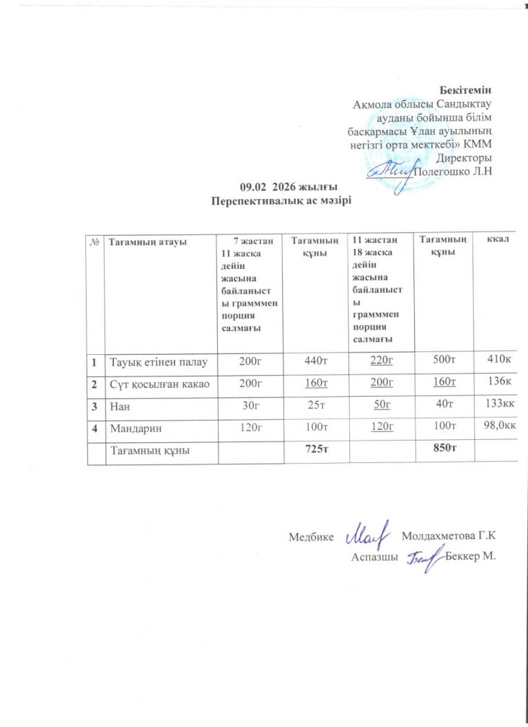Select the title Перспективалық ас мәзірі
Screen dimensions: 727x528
(281, 200)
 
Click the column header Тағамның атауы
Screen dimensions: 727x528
(148, 242)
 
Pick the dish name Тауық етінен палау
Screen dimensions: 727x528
(159, 361)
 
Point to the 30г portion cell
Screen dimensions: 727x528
(251, 407)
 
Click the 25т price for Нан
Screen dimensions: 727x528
(317, 407)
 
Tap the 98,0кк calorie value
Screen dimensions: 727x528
(501, 428)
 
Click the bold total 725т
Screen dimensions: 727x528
(317, 450)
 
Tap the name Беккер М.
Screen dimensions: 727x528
(472, 557)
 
